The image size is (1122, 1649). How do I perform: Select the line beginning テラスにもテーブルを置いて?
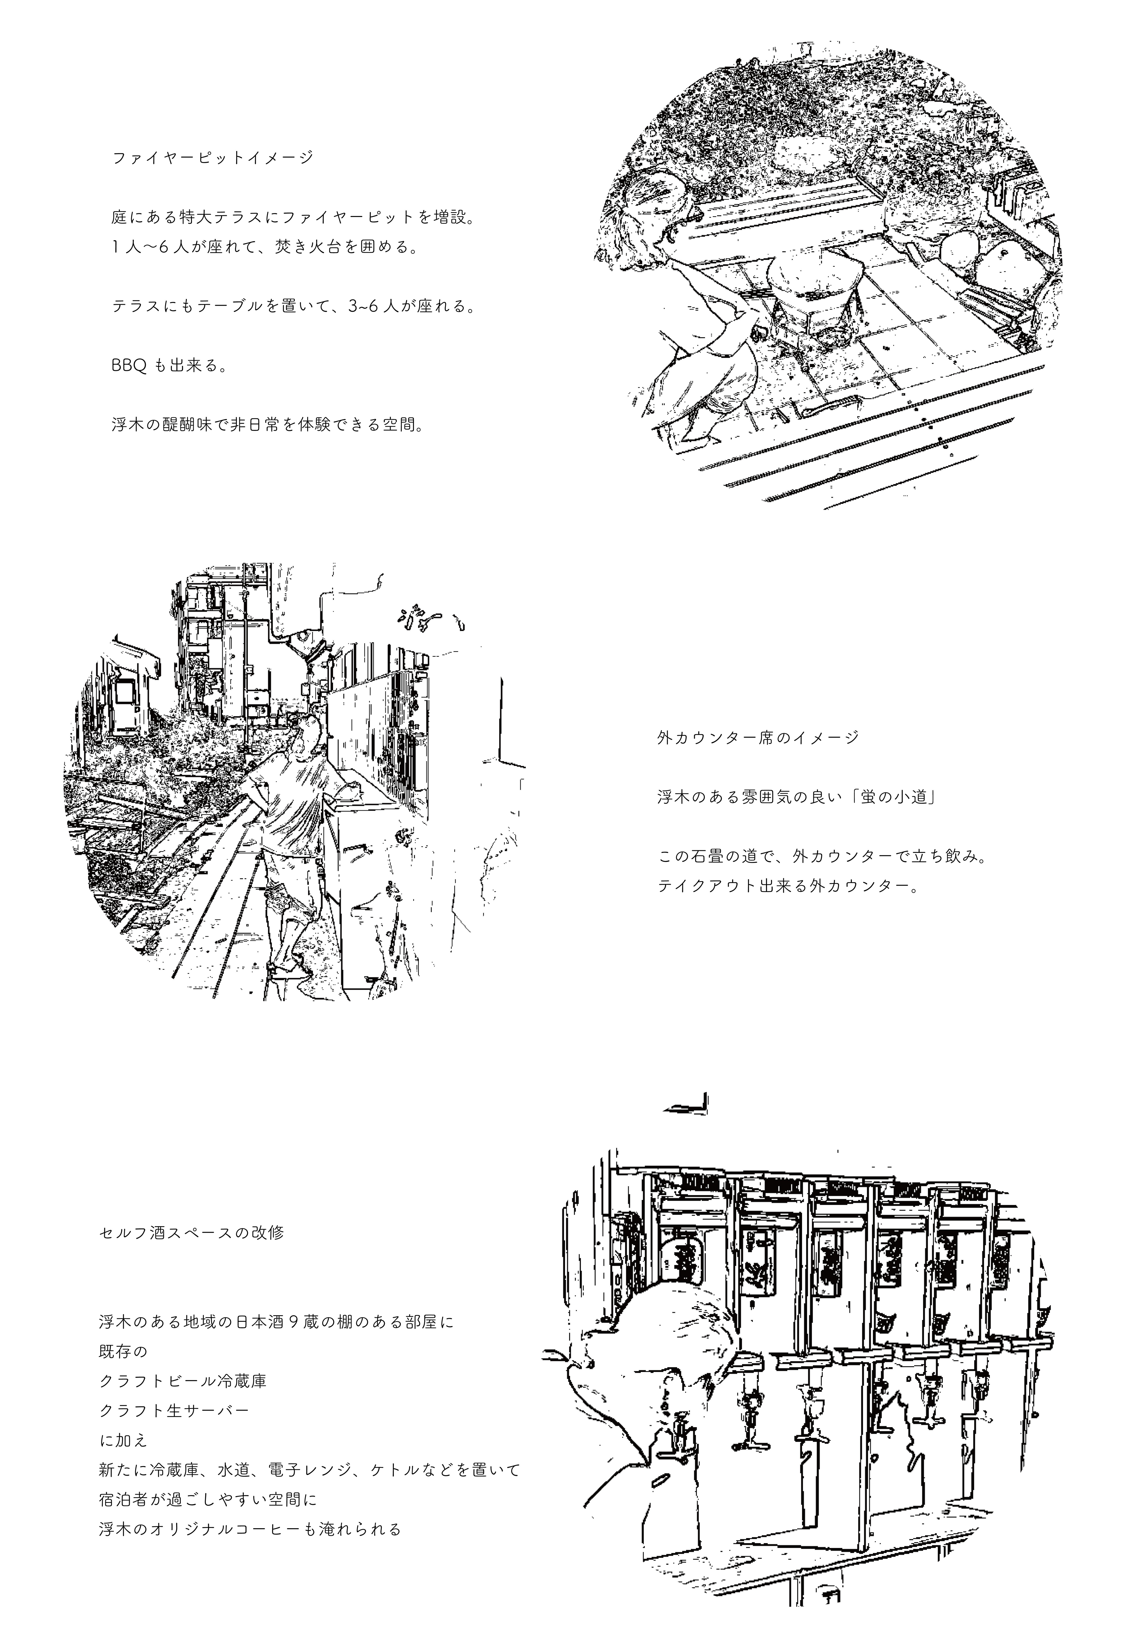click(x=292, y=307)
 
